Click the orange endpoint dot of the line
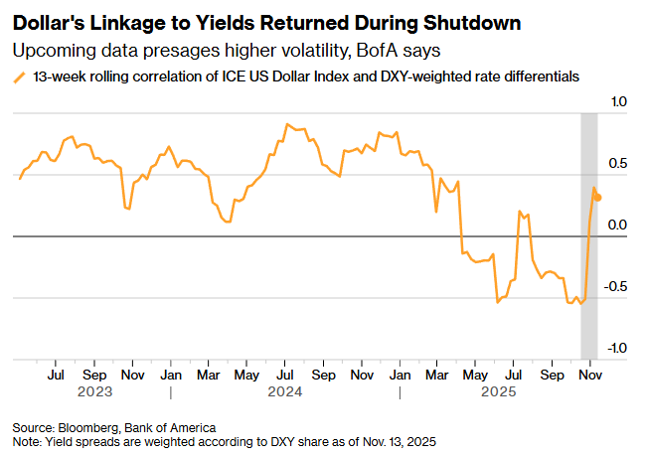coord(597,198)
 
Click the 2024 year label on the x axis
coord(285,391)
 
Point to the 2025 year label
coord(495,391)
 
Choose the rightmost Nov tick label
coord(590,377)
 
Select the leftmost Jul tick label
coord(56,377)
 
